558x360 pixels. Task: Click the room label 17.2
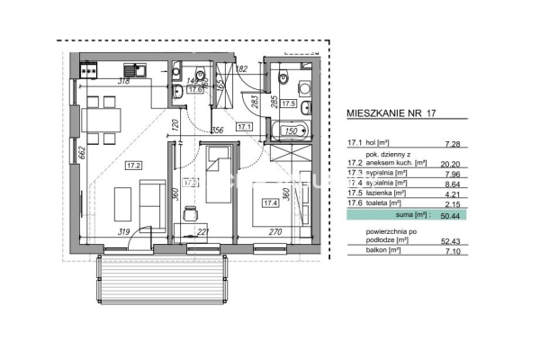(133, 165)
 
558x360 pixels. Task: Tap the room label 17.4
(269, 202)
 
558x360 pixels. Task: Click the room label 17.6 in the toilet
(194, 89)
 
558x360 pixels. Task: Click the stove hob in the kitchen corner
(90, 67)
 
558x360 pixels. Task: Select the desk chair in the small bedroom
(189, 214)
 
